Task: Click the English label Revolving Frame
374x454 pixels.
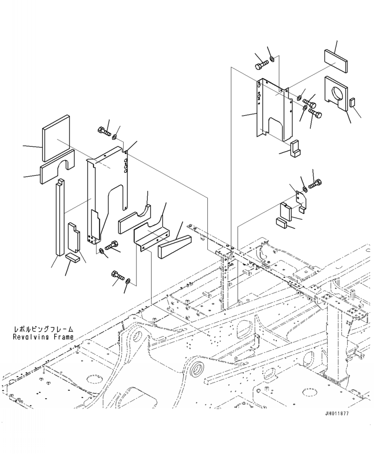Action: (43, 337)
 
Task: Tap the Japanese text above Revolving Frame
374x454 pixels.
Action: (43, 329)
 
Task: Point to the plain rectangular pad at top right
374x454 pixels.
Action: (336, 60)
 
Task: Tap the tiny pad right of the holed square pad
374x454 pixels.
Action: (352, 103)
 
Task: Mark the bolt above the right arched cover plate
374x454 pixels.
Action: (262, 65)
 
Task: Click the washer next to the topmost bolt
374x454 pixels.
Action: (272, 60)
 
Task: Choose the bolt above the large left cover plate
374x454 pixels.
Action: (104, 131)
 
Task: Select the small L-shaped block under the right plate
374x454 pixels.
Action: (295, 148)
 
